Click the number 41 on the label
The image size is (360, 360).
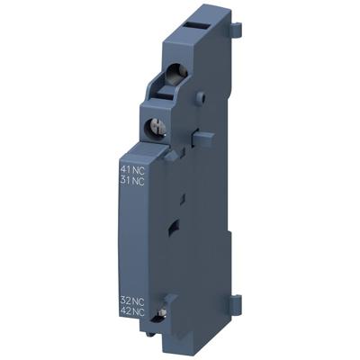pos(125,168)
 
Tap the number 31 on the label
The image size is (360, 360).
pos(125,181)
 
